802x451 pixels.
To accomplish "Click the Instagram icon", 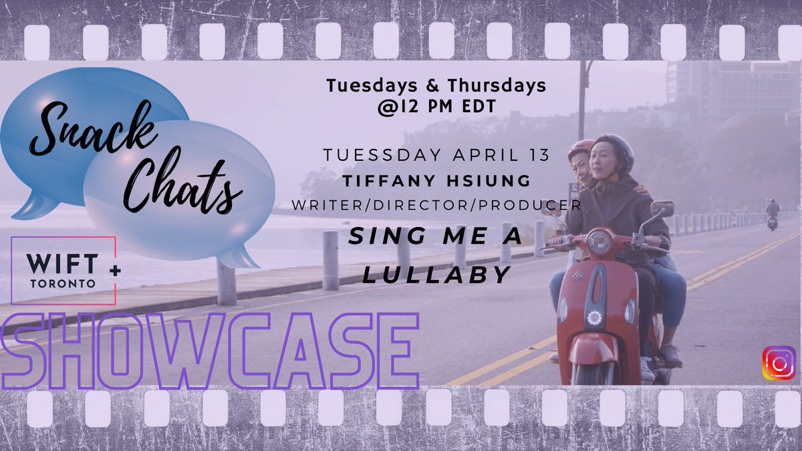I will click(x=779, y=363).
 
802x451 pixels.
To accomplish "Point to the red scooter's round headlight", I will click(x=599, y=243).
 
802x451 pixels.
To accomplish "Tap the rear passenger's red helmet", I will click(x=579, y=148).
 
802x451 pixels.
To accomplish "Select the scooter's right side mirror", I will click(x=664, y=208).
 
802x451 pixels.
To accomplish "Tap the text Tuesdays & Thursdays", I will click(x=436, y=86).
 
